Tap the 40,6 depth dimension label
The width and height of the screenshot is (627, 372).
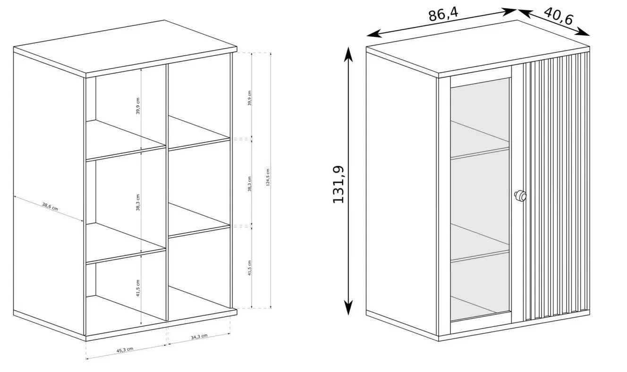point(559,16)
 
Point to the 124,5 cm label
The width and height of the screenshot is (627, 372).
point(268,178)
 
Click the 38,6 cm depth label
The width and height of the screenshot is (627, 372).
point(50,207)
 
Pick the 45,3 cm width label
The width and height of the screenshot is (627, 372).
point(125,350)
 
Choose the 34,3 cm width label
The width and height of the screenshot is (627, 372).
point(199,337)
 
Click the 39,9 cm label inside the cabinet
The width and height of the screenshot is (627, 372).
point(138,106)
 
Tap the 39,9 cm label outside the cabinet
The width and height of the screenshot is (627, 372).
point(249,98)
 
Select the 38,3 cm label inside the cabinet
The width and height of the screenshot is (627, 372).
point(138,202)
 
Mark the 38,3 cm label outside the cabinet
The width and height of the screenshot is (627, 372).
point(249,184)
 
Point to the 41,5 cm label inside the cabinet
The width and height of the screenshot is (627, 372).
point(138,288)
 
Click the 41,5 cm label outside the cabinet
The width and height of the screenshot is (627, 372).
point(249,268)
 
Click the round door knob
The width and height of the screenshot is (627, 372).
point(520,196)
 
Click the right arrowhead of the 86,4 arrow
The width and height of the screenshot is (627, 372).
point(508,11)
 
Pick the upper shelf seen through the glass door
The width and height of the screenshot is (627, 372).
point(480,140)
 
